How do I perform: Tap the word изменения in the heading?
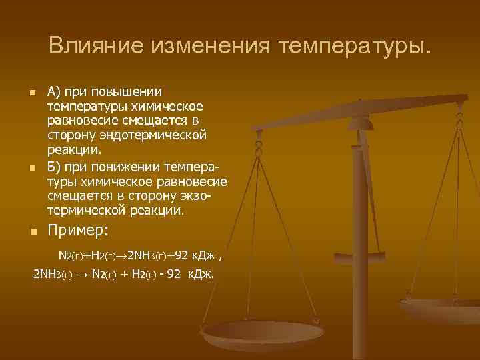209,46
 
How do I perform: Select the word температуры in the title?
355,46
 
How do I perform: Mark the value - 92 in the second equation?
168,275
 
